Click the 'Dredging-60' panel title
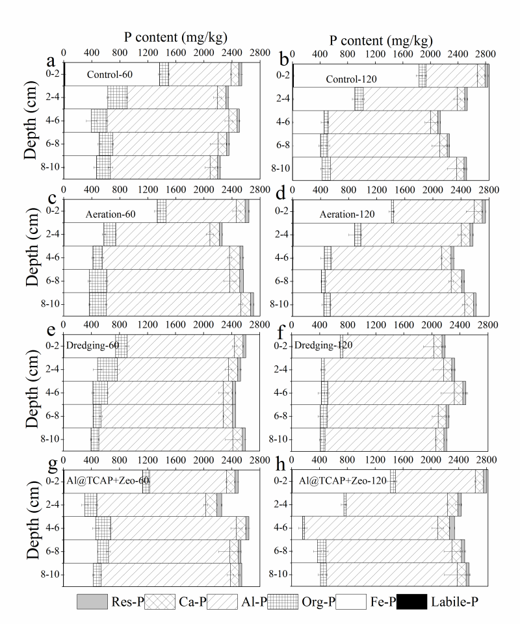pyautogui.click(x=92, y=345)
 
